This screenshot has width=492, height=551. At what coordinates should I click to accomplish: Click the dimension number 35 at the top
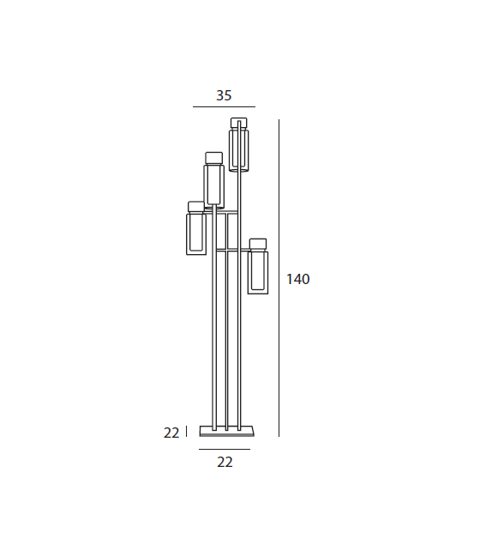point(224,96)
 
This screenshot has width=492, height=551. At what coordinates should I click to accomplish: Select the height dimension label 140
point(298,279)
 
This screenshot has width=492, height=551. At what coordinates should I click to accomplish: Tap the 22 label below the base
point(225,462)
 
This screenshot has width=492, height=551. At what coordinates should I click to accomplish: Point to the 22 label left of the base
point(171,433)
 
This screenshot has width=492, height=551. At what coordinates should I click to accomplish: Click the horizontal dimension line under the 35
point(224,107)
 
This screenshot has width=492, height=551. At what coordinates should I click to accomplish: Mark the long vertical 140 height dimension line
point(279,279)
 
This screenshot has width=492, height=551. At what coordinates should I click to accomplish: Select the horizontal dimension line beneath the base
point(225,449)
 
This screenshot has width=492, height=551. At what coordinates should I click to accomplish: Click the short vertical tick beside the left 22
point(186,432)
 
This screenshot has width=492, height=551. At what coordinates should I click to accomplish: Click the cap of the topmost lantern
point(239,123)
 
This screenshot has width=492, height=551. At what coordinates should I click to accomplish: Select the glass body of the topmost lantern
point(239,150)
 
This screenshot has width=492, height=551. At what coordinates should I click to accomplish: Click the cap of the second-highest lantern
point(213,157)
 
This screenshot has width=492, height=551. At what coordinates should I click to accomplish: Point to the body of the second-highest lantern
point(213,185)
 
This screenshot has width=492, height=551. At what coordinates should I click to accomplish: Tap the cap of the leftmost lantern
point(195,207)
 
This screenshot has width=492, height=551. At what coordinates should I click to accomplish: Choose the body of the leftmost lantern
point(195,234)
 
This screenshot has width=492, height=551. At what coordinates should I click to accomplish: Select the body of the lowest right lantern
point(258,272)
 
